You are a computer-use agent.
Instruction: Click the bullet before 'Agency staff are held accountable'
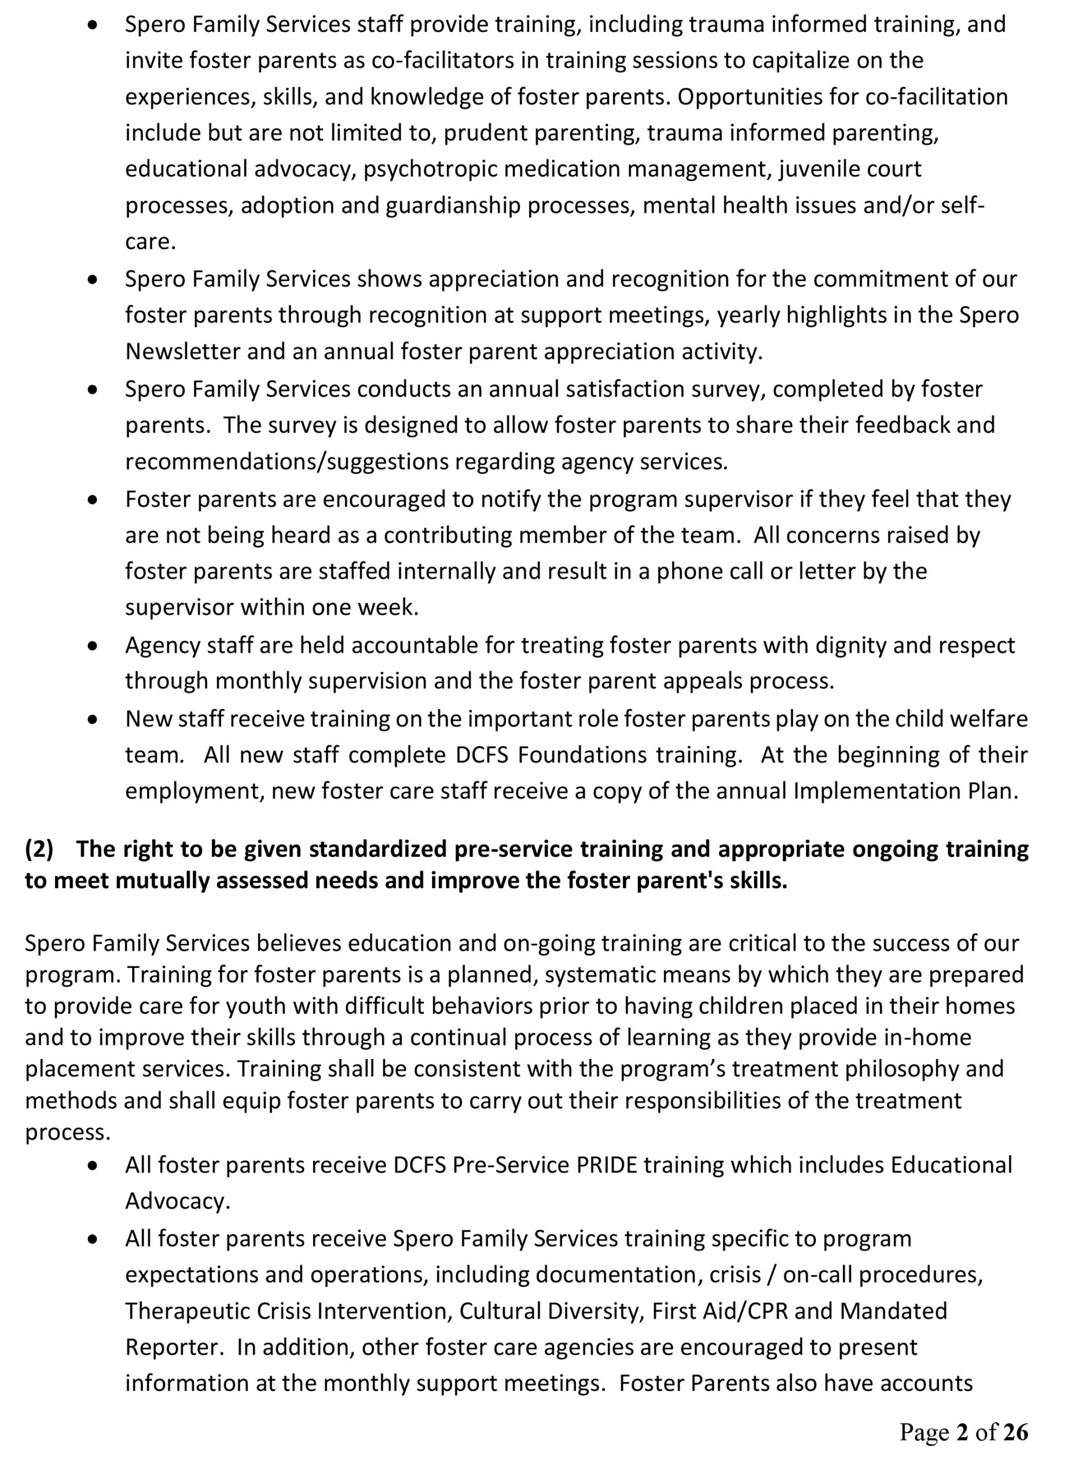pyautogui.click(x=93, y=645)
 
